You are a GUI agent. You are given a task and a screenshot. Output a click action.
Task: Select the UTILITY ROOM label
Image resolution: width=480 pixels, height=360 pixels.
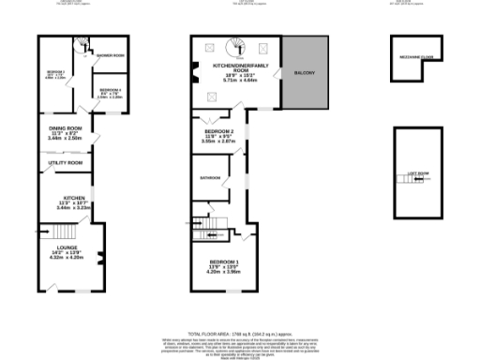66,163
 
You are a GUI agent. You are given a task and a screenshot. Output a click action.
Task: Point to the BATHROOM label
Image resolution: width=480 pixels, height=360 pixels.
209,177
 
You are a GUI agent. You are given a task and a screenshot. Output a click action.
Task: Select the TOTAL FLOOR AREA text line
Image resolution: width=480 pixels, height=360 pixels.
240,332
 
